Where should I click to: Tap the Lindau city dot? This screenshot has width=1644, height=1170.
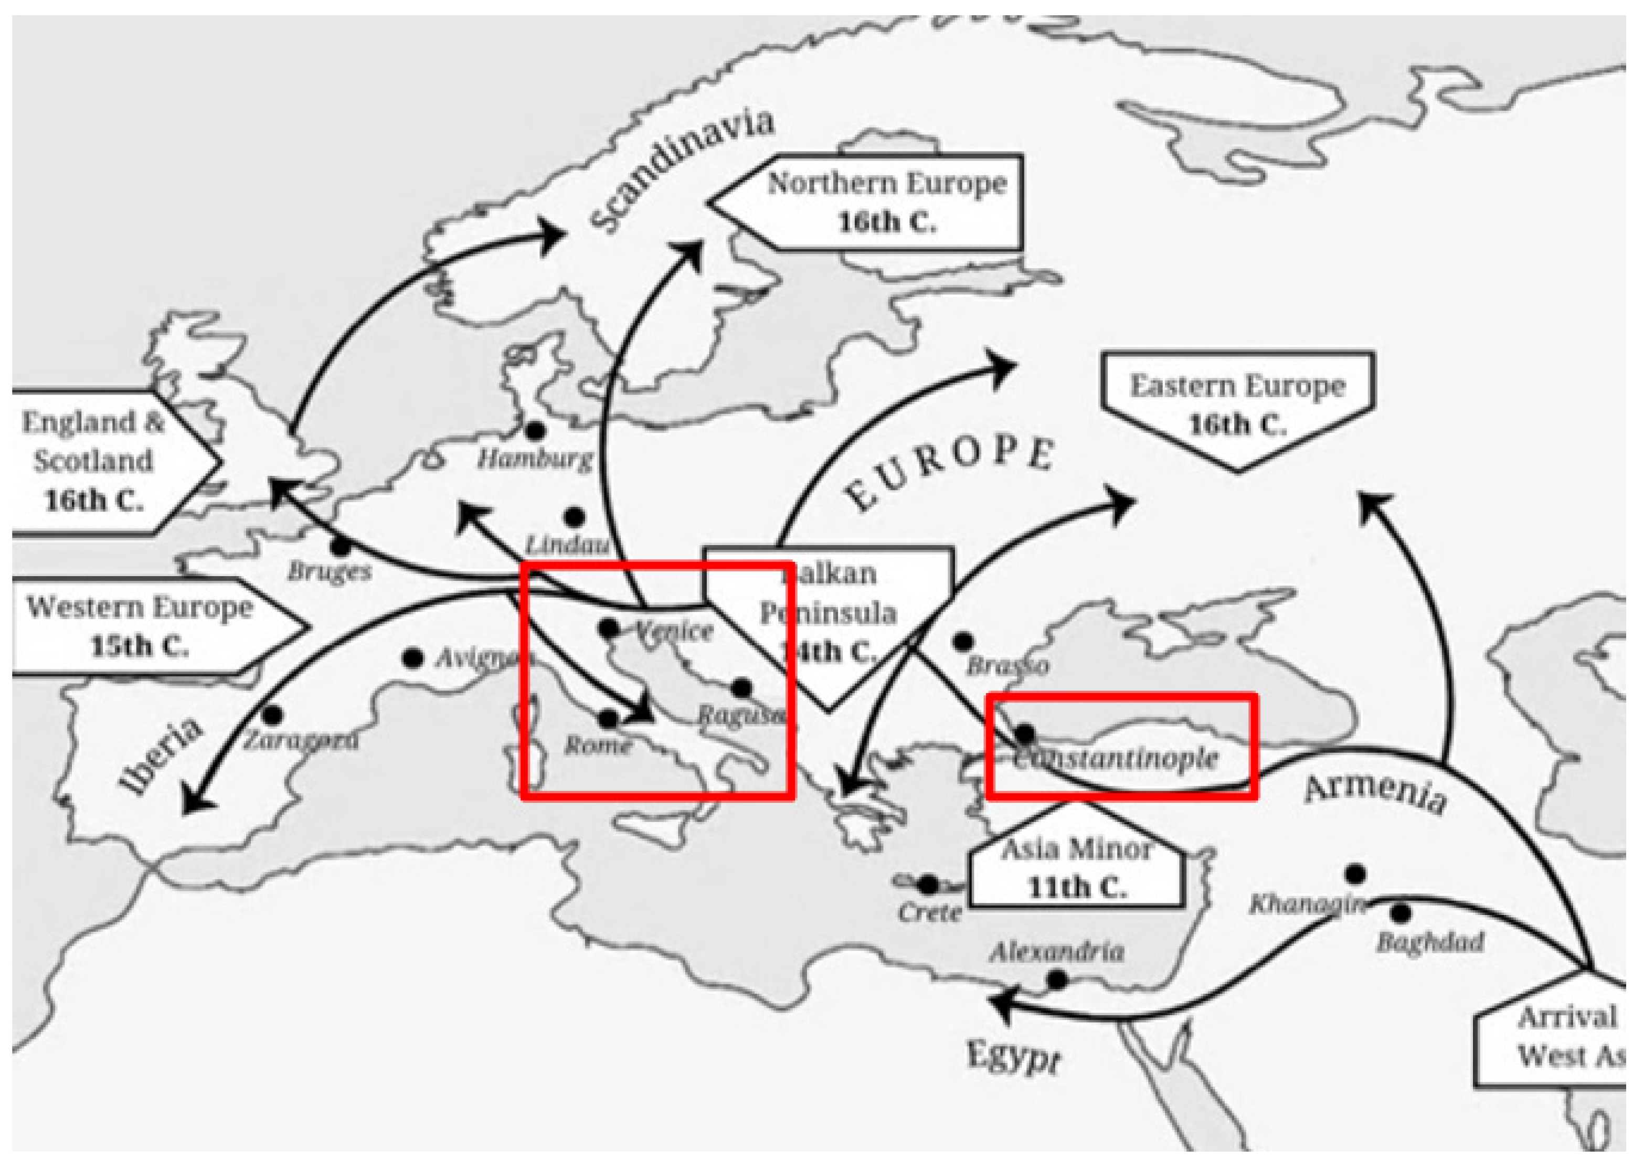click(574, 517)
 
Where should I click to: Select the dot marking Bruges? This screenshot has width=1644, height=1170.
click(340, 546)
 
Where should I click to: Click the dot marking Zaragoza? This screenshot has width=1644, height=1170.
click(272, 716)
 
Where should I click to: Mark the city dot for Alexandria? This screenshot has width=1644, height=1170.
click(1057, 980)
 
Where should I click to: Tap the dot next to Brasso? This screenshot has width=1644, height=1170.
click(963, 641)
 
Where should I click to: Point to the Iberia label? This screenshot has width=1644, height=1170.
click(161, 757)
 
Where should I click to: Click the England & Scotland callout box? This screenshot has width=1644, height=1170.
click(93, 461)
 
